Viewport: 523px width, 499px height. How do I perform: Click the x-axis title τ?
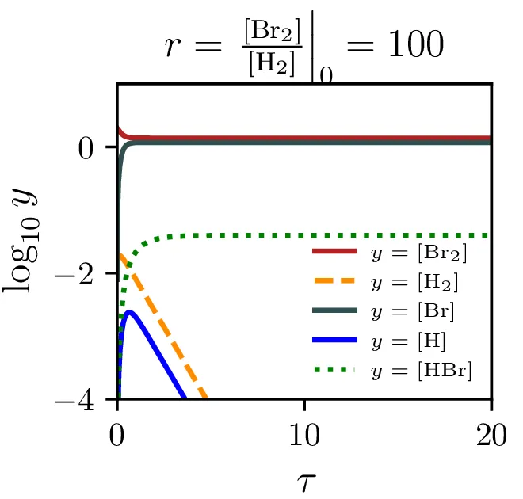(x=304, y=478)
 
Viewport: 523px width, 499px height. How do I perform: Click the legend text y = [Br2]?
(x=418, y=253)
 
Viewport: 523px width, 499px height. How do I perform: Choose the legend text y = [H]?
(x=408, y=341)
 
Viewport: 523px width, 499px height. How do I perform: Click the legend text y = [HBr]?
(x=421, y=371)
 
